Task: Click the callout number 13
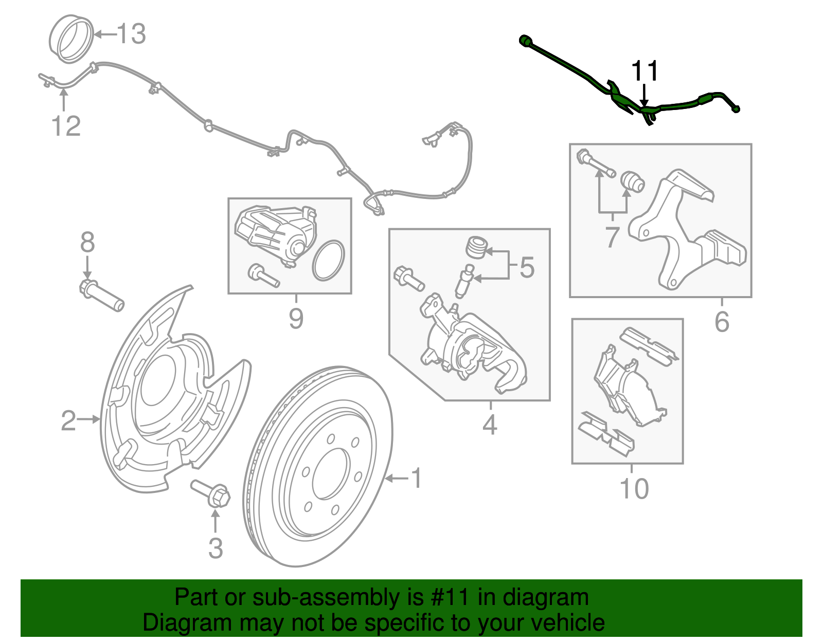[x=132, y=34]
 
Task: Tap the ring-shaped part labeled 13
[x=71, y=40]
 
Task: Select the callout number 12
[x=66, y=126]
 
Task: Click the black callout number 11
[x=645, y=71]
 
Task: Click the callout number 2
[x=68, y=420]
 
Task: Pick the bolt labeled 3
[x=211, y=493]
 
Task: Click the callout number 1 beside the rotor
[x=417, y=479]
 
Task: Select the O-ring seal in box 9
[x=328, y=261]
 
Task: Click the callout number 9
[x=296, y=319]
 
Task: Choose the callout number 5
[x=527, y=267]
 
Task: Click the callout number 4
[x=490, y=425]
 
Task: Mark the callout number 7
[x=612, y=237]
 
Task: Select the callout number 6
[x=722, y=322]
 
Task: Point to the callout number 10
[x=634, y=488]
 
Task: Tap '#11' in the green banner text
[x=447, y=597]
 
